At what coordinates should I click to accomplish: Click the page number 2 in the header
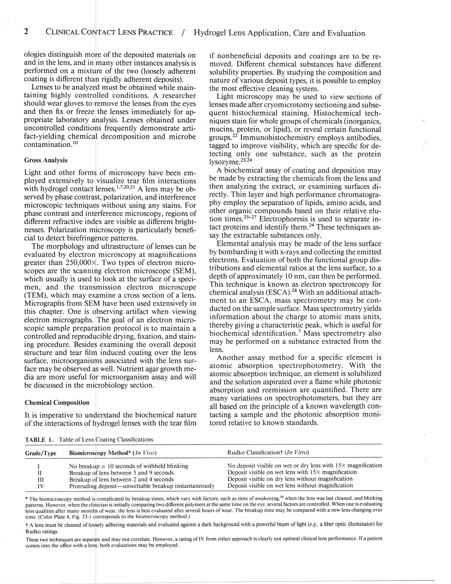click(26, 33)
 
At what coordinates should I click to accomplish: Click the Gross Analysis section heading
click(46, 160)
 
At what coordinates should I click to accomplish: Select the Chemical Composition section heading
click(57, 402)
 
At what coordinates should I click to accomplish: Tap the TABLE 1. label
click(39, 440)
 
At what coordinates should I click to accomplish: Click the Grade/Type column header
click(41, 453)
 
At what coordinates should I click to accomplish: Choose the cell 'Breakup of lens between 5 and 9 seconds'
click(121, 473)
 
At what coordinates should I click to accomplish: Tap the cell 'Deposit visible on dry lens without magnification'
click(290, 479)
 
